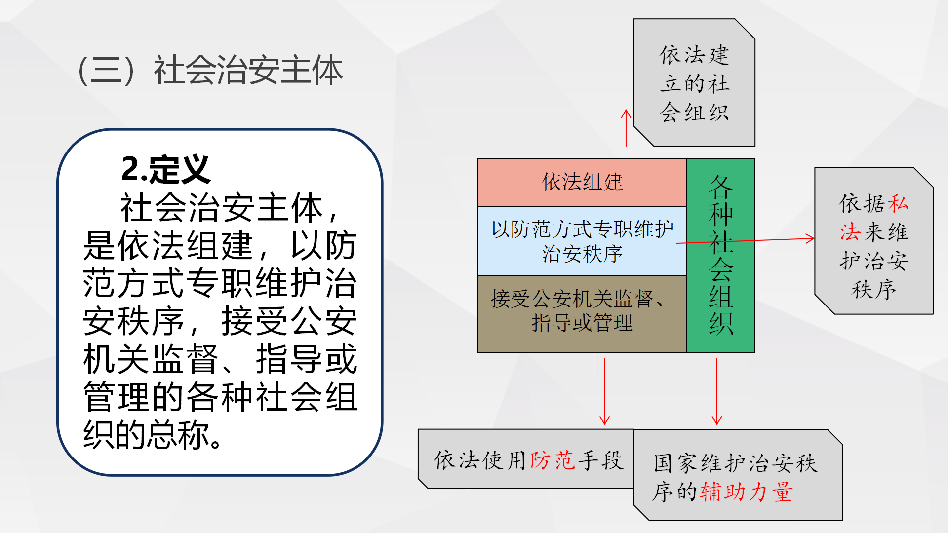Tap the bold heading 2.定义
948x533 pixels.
(x=166, y=169)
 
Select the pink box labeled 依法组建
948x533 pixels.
(x=582, y=182)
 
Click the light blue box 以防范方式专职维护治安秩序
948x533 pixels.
(x=582, y=241)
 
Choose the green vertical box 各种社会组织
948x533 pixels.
(x=720, y=255)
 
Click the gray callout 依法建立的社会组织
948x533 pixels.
(x=694, y=83)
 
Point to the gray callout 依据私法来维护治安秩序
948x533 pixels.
(x=873, y=241)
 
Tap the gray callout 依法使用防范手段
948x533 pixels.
(x=526, y=459)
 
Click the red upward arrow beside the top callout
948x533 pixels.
(x=626, y=127)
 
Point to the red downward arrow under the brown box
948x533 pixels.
(x=604, y=392)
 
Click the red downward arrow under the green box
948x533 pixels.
(x=717, y=392)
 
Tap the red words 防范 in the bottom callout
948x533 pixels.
(x=553, y=460)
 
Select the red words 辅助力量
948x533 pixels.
(x=746, y=492)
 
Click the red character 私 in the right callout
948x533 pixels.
(x=898, y=203)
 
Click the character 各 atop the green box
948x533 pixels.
(x=721, y=186)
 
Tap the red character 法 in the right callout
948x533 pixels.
(x=850, y=232)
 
